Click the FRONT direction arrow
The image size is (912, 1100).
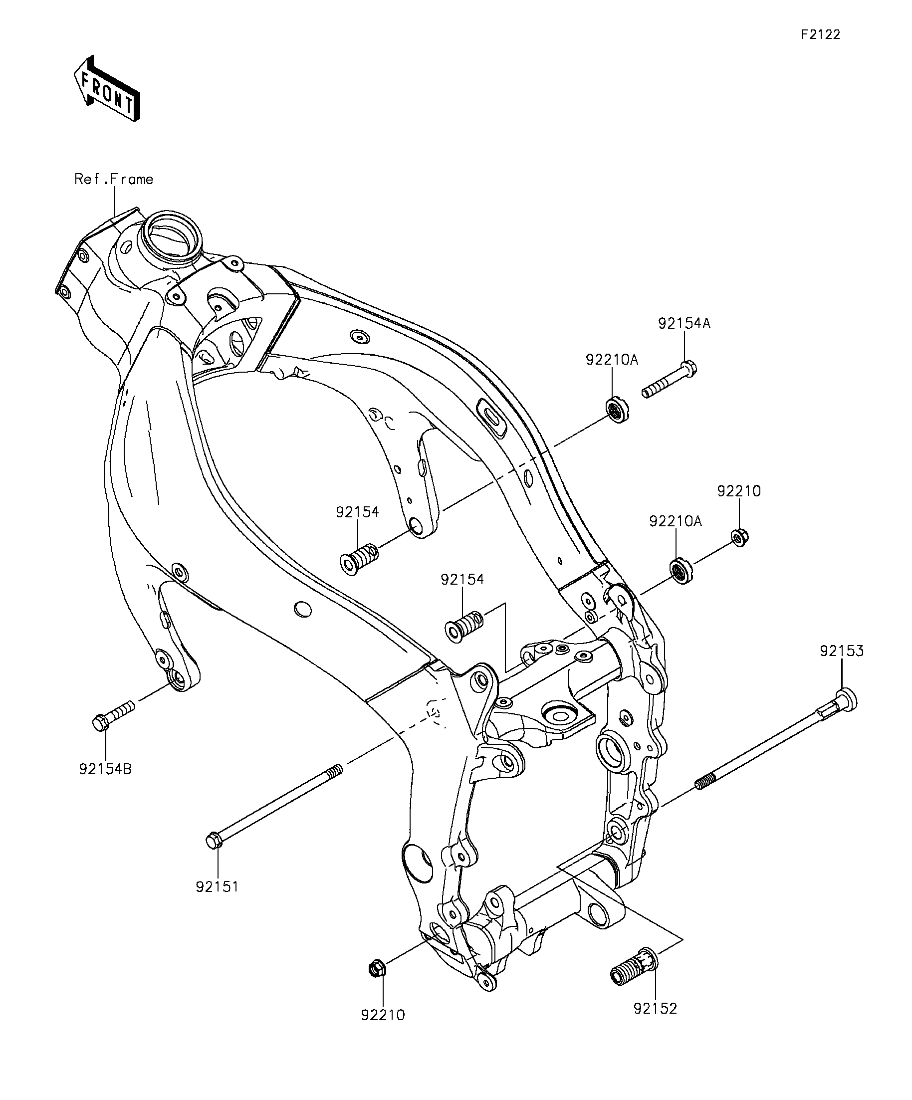click(107, 88)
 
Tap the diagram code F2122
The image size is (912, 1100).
click(821, 34)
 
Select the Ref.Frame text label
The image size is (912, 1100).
click(114, 179)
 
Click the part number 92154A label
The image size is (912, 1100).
click(684, 324)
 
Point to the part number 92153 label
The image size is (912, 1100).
click(842, 651)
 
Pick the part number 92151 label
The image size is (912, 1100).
click(217, 887)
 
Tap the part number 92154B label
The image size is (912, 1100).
click(105, 769)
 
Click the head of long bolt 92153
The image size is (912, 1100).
click(845, 700)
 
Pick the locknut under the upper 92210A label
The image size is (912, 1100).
click(618, 410)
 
